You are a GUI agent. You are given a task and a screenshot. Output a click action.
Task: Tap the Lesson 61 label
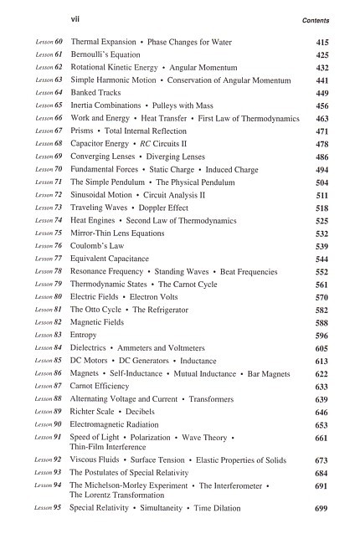tap(50, 54)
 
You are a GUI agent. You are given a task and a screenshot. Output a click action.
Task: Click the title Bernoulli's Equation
tap(105, 54)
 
